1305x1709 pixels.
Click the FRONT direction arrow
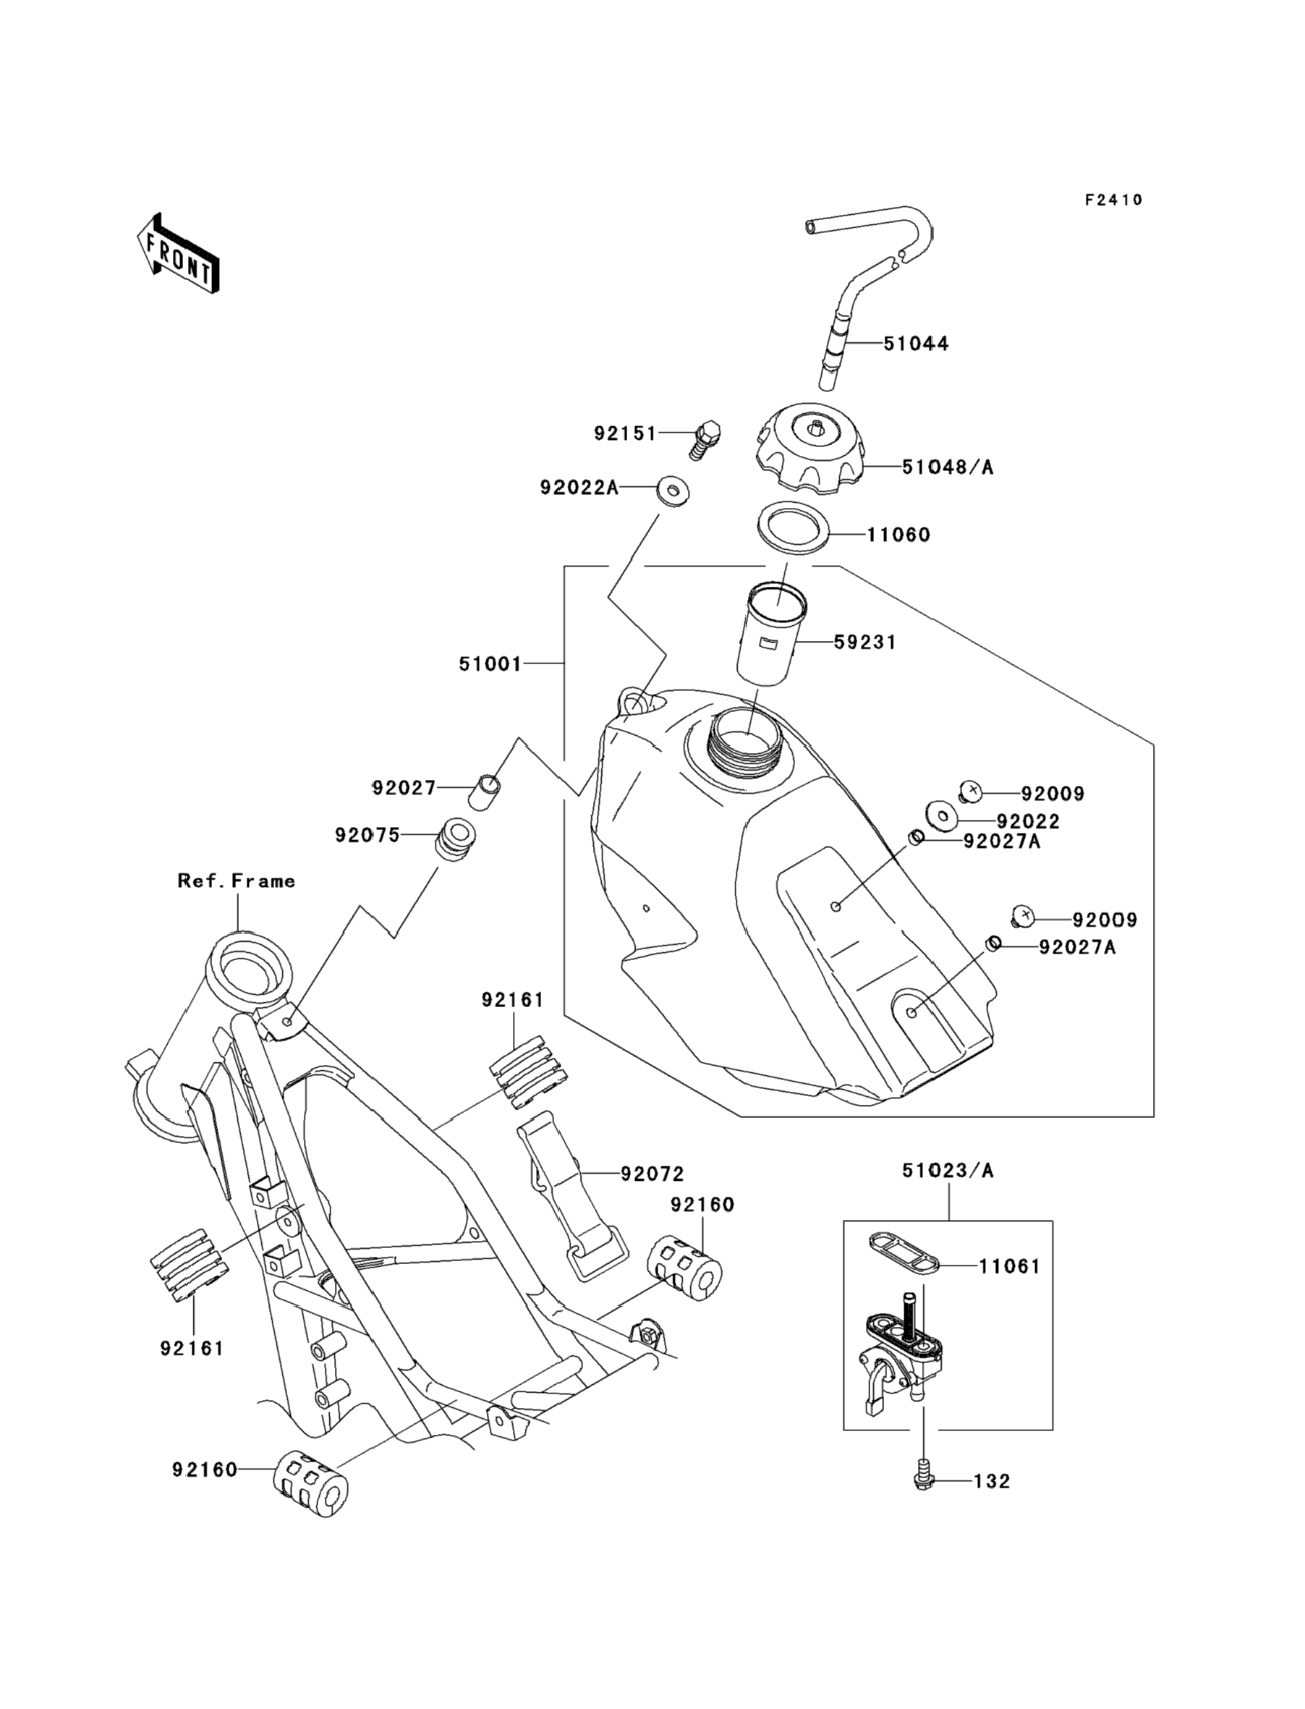pyautogui.click(x=178, y=253)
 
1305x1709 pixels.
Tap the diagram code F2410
pyautogui.click(x=1113, y=200)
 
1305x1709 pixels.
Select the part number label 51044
pyautogui.click(x=916, y=344)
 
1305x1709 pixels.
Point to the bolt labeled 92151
pyautogui.click(x=704, y=440)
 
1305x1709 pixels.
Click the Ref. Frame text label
pyautogui.click(x=236, y=881)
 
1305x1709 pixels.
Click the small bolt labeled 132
pyautogui.click(x=923, y=1480)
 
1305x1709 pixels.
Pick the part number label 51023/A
pyautogui.click(x=947, y=1171)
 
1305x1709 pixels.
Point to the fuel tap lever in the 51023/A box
pyautogui.click(x=874, y=1389)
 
